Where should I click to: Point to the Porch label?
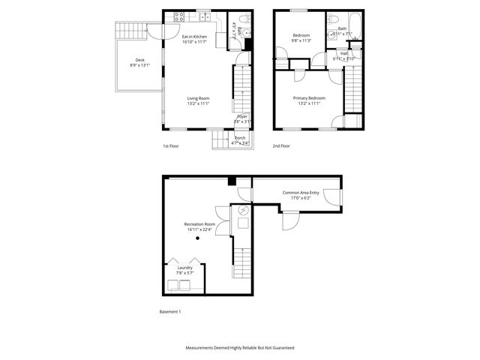pyautogui.click(x=240, y=138)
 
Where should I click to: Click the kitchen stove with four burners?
pyautogui.click(x=179, y=15)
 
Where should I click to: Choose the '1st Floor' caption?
pyautogui.click(x=171, y=146)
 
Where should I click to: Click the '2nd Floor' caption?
pyautogui.click(x=281, y=146)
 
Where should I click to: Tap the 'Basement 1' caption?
pyautogui.click(x=170, y=311)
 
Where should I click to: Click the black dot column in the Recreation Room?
pyautogui.click(x=198, y=238)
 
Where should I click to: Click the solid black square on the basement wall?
pyautogui.click(x=232, y=181)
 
